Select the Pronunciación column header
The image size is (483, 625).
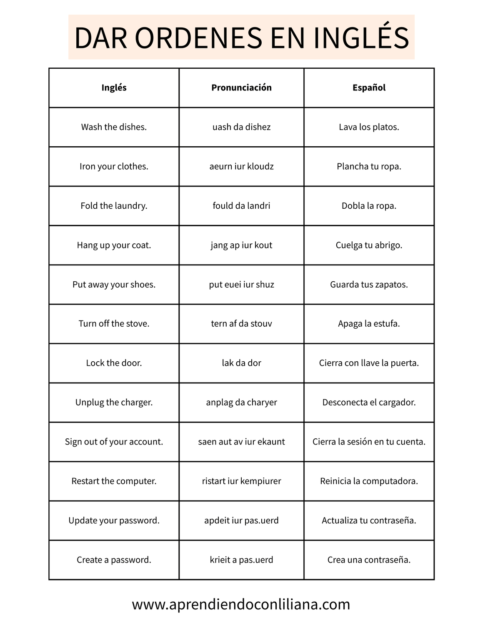(241, 87)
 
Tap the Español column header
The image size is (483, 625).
(369, 87)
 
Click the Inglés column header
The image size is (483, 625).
(114, 87)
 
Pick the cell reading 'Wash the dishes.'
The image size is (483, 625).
(114, 127)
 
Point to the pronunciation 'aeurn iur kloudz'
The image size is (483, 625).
(241, 166)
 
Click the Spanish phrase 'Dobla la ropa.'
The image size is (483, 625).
(369, 206)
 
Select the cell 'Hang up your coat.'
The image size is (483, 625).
(114, 245)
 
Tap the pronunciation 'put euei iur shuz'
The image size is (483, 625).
(241, 285)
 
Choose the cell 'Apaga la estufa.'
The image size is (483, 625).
(369, 324)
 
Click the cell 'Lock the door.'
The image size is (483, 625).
(114, 363)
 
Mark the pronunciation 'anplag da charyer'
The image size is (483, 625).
(241, 402)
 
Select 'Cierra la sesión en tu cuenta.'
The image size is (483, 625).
(369, 442)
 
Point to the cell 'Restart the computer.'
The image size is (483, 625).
(114, 481)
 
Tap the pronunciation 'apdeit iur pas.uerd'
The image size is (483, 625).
(241, 520)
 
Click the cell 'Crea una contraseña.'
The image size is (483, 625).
(369, 560)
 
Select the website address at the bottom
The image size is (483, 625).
(241, 604)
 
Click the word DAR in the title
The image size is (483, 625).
(100, 38)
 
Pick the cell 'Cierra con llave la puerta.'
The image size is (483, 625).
(369, 363)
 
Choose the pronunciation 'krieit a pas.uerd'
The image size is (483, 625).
(241, 560)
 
